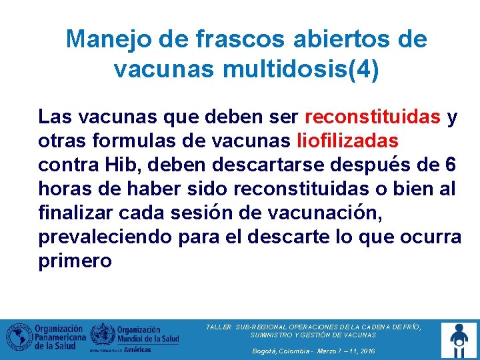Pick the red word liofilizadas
click(x=347, y=141)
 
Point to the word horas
click(x=64, y=189)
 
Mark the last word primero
click(x=75, y=261)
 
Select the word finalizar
click(x=75, y=213)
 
